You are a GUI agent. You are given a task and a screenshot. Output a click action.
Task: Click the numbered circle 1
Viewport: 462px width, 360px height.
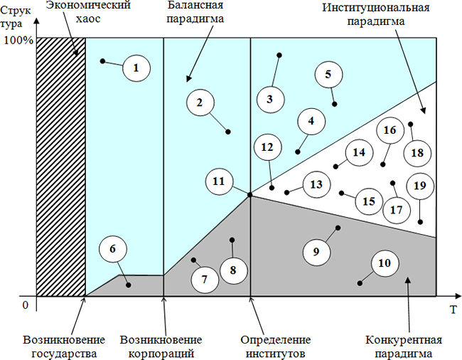point(136,68)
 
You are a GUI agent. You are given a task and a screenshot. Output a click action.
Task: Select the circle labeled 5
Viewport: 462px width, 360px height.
point(328,74)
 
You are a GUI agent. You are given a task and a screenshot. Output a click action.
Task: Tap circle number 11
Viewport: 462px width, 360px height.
point(219,181)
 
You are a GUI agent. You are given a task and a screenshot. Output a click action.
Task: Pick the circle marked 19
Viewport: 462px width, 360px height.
point(419,186)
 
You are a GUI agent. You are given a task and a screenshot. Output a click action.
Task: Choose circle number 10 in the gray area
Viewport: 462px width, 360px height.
point(385,263)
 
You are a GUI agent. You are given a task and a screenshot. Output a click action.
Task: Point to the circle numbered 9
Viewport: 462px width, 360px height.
point(316,250)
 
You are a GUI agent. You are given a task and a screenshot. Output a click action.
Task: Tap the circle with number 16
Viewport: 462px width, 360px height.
point(390,131)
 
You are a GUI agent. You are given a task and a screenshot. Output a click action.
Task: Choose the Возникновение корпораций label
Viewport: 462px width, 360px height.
point(161,345)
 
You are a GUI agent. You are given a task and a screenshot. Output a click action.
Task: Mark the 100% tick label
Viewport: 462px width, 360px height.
point(18,41)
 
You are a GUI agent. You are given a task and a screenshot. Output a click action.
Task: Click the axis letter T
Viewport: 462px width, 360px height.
point(452,309)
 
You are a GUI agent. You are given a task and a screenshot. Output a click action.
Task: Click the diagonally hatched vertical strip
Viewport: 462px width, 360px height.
point(60,166)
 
